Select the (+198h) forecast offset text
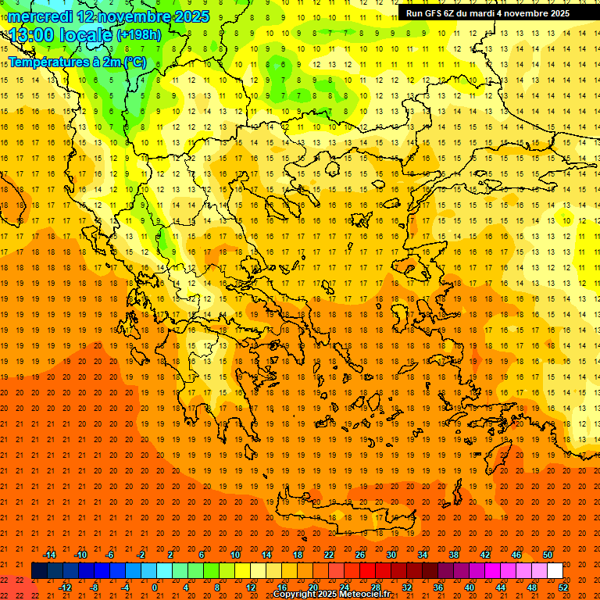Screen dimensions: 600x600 (x=139, y=35)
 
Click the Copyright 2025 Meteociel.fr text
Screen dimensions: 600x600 (x=331, y=595)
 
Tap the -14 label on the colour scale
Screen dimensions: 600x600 (x=48, y=554)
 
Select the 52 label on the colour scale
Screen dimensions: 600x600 (x=563, y=587)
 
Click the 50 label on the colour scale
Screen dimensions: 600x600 (x=548, y=554)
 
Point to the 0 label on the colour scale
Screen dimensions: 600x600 (x=155, y=587)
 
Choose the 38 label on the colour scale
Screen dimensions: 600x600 (x=453, y=554)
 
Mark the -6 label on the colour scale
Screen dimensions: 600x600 (x=109, y=554)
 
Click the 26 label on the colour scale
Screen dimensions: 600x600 (x=360, y=554)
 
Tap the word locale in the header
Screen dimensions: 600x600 (x=84, y=35)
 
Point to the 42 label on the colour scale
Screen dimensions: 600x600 (x=484, y=554)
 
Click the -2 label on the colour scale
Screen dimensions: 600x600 (x=141, y=554)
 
